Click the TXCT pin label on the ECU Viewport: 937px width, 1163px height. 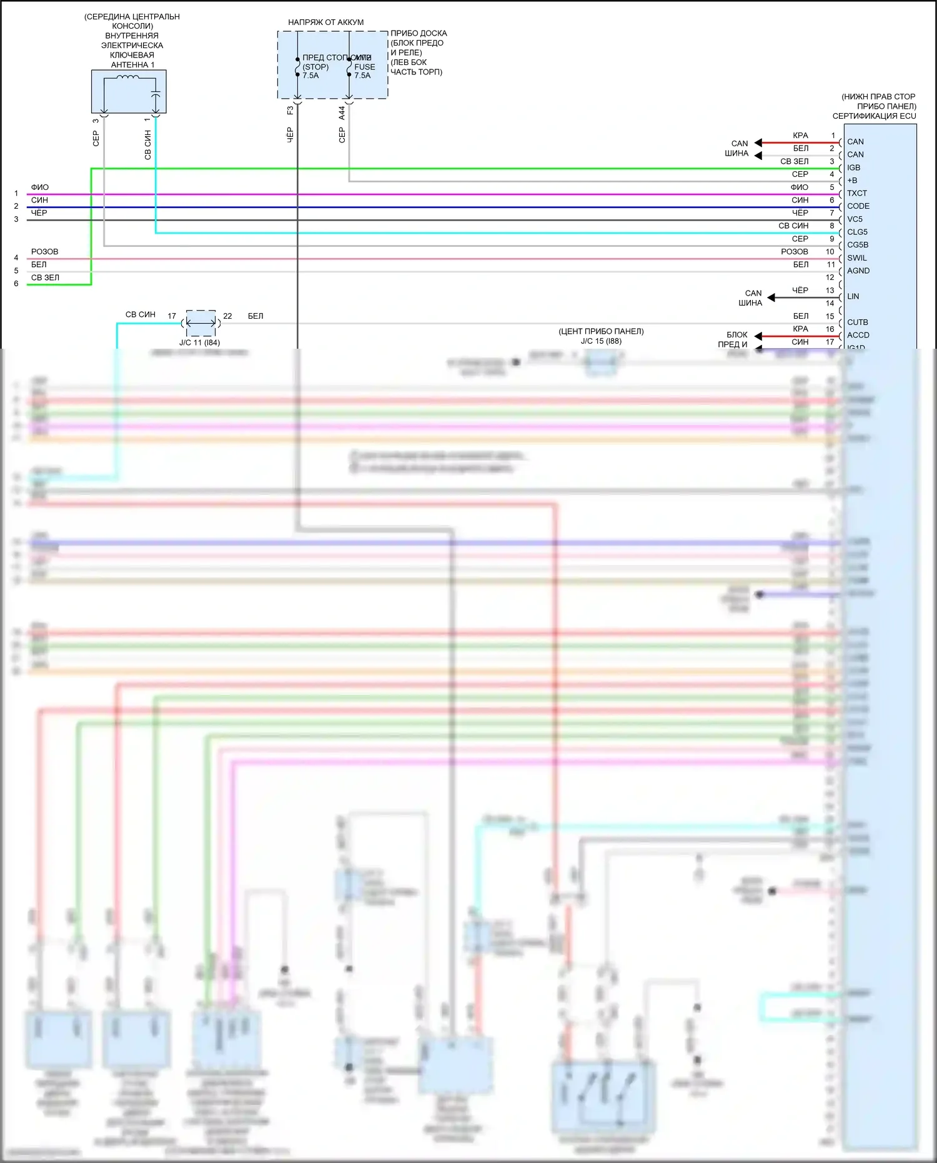856,193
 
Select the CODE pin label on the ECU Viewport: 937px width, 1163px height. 858,206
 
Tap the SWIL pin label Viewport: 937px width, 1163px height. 856,258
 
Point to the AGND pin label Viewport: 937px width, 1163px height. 858,271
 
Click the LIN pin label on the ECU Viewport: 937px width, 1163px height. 853,296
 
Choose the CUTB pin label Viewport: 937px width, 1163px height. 857,322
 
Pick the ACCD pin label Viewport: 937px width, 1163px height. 858,335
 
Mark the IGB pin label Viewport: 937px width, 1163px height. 853,167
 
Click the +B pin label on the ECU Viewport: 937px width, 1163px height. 852,181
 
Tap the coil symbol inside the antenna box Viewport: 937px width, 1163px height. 128,78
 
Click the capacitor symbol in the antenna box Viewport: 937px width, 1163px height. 156,94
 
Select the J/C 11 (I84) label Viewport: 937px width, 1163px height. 199,342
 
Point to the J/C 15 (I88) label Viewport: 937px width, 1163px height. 601,341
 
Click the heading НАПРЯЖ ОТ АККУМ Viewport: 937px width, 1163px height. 325,22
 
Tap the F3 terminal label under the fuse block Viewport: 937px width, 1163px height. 290,111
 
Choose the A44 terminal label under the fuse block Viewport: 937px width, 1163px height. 342,113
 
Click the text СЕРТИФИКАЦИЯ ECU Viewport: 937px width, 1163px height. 874,116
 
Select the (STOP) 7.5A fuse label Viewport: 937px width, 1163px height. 314,71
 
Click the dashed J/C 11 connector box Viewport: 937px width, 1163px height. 201,323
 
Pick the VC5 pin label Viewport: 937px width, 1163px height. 855,219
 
